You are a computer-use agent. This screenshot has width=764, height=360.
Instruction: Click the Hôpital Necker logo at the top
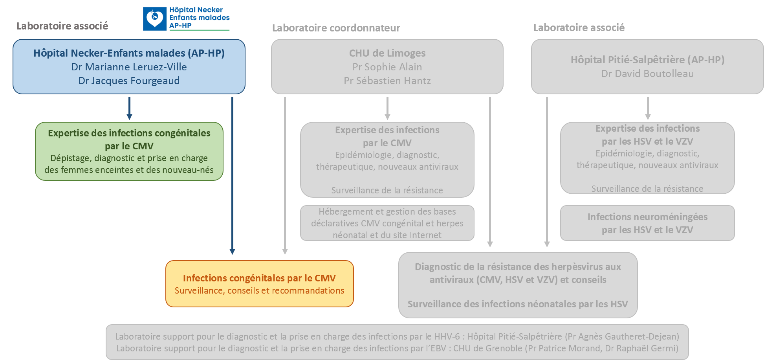(x=187, y=19)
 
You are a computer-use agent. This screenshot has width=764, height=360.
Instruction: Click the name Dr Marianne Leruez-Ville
(x=129, y=67)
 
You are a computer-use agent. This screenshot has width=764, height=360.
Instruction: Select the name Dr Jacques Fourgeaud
(x=129, y=81)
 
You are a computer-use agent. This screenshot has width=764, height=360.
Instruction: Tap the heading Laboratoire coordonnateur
(x=336, y=28)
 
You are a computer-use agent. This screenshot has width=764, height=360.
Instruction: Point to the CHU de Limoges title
(x=387, y=53)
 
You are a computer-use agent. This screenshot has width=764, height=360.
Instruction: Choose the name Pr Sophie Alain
(x=387, y=67)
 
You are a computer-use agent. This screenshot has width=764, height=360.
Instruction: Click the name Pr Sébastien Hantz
(x=387, y=81)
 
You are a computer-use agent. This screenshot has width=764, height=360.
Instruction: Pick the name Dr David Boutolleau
(x=647, y=73)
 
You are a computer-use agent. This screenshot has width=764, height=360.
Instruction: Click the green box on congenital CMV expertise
(x=129, y=151)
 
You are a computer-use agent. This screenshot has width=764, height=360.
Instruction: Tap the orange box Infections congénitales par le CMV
(x=259, y=283)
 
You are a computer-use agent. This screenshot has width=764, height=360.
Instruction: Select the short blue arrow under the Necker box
(x=129, y=108)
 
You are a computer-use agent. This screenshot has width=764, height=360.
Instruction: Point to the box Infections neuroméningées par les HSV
(x=647, y=223)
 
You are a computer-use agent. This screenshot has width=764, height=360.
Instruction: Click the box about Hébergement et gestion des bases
(x=387, y=223)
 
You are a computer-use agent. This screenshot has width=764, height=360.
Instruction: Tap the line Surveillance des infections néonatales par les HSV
(x=518, y=304)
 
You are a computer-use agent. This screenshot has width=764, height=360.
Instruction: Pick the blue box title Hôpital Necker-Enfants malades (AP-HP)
(x=129, y=53)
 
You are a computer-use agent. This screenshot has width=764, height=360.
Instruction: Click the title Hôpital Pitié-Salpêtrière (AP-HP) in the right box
(x=647, y=60)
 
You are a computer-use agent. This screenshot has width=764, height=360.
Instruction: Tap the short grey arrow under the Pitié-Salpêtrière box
(x=648, y=108)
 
